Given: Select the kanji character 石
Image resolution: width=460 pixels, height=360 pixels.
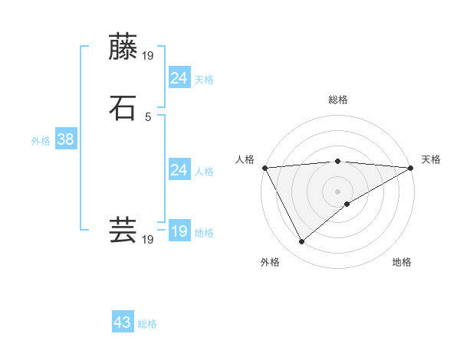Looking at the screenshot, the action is pos(123,108).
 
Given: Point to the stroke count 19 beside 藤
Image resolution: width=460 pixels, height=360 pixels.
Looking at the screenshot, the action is pos(149,56).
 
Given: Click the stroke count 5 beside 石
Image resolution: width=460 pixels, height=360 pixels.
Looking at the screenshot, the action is pos(148,117).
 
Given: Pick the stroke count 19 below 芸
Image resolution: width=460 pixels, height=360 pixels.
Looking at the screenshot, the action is pos(148,240).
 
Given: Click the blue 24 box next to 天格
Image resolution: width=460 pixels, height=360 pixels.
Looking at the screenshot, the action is pos(179,78).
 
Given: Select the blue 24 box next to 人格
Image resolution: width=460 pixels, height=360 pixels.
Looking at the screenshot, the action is pos(179,170).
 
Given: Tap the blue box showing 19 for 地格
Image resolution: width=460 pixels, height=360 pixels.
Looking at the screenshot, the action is pos(179,231).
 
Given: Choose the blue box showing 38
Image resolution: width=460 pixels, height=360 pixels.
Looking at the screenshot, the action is pos(65,139).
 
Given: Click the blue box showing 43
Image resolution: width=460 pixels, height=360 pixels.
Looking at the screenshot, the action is pos(123,322).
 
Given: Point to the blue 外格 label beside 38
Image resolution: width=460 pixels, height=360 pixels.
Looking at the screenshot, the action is pos(41,141).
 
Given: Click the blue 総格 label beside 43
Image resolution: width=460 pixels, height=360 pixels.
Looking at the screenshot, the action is pos(147,324).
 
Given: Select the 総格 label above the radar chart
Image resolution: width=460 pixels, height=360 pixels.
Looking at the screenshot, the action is pos(337,100).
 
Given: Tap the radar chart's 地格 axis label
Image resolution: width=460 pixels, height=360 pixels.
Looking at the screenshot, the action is pos(402,262).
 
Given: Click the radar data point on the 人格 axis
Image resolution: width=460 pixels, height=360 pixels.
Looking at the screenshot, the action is pos(264,167).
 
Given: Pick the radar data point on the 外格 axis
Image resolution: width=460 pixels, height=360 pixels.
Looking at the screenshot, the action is pos(301,242).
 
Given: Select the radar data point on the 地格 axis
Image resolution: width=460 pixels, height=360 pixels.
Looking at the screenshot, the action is pos(347,204).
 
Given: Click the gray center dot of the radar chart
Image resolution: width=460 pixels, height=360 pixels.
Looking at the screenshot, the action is pos(337,191).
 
